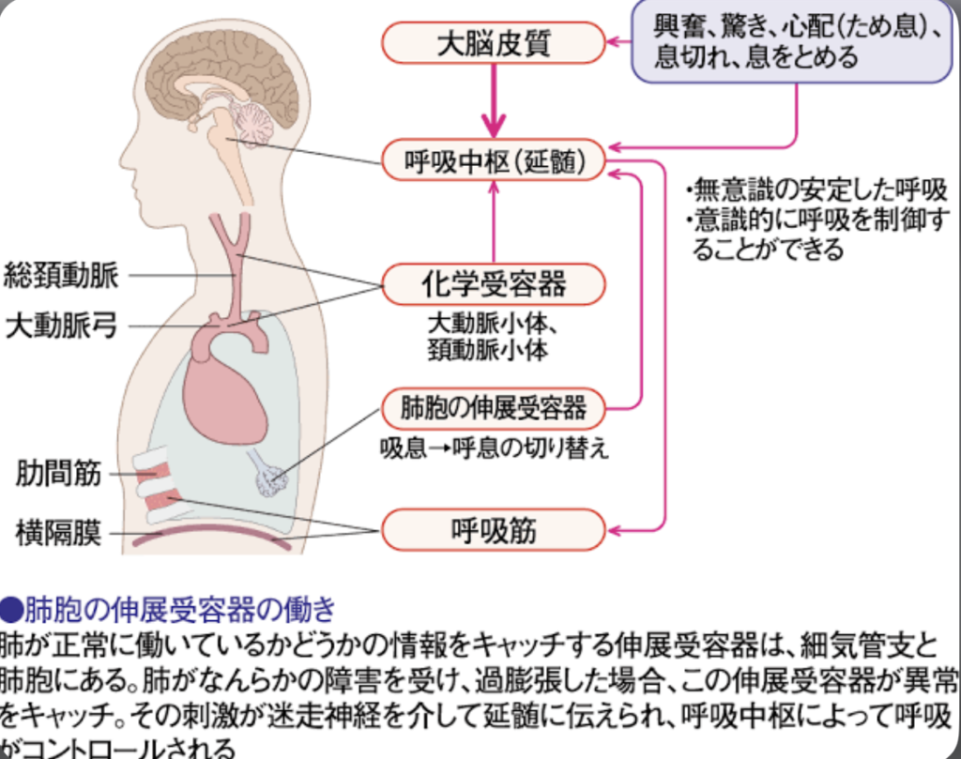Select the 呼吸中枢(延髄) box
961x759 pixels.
pyautogui.click(x=494, y=161)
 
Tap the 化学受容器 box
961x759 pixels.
pyautogui.click(x=494, y=281)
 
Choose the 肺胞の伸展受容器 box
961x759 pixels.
pyautogui.click(x=493, y=408)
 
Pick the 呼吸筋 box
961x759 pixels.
pyautogui.click(x=493, y=530)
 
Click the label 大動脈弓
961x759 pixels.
pyautogui.click(x=61, y=326)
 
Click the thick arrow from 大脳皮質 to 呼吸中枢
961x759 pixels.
pyautogui.click(x=494, y=103)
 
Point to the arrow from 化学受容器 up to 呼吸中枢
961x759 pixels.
pyautogui.click(x=494, y=220)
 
